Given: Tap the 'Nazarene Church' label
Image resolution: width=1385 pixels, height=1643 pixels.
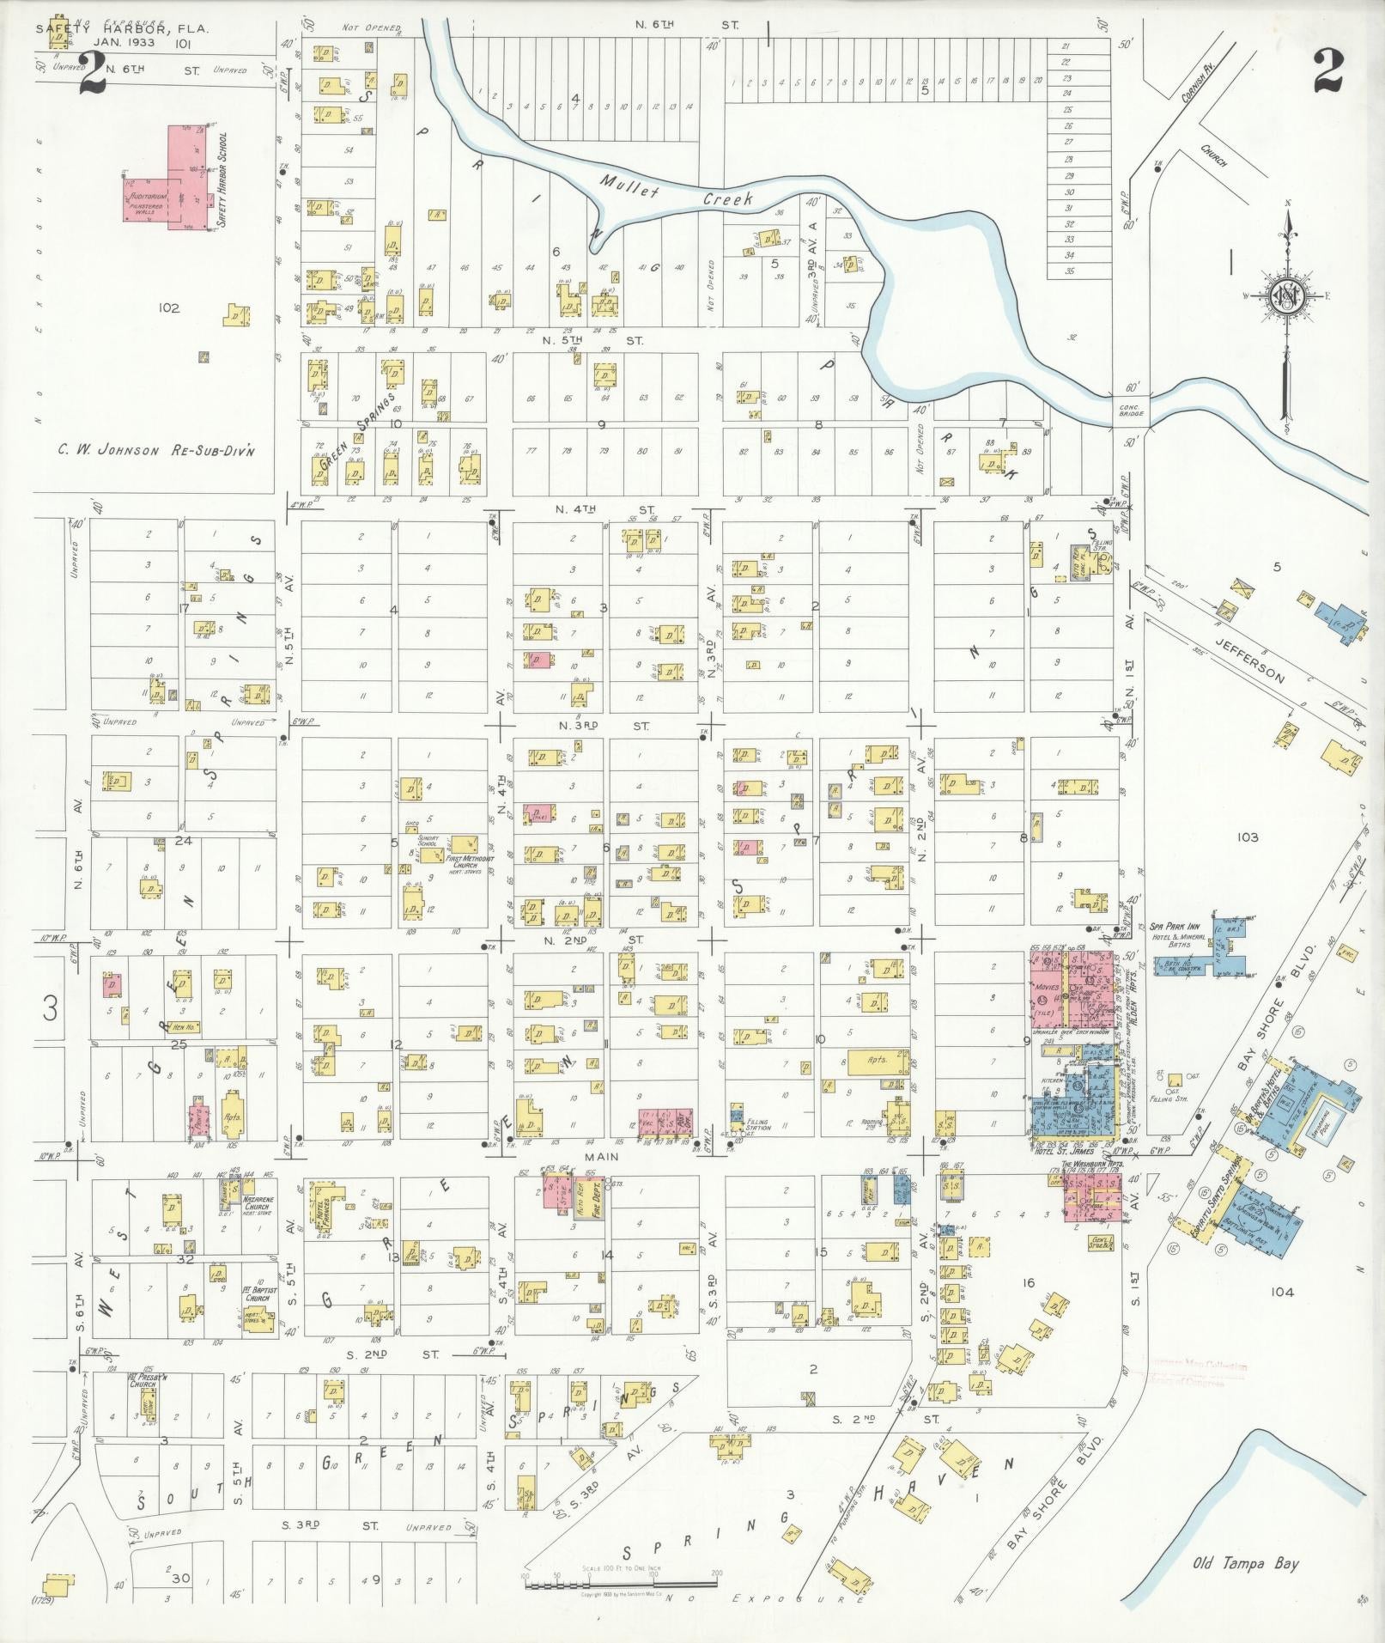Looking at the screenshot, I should coord(257,1201).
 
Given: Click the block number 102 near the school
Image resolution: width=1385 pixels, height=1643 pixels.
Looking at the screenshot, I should coord(168,307).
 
